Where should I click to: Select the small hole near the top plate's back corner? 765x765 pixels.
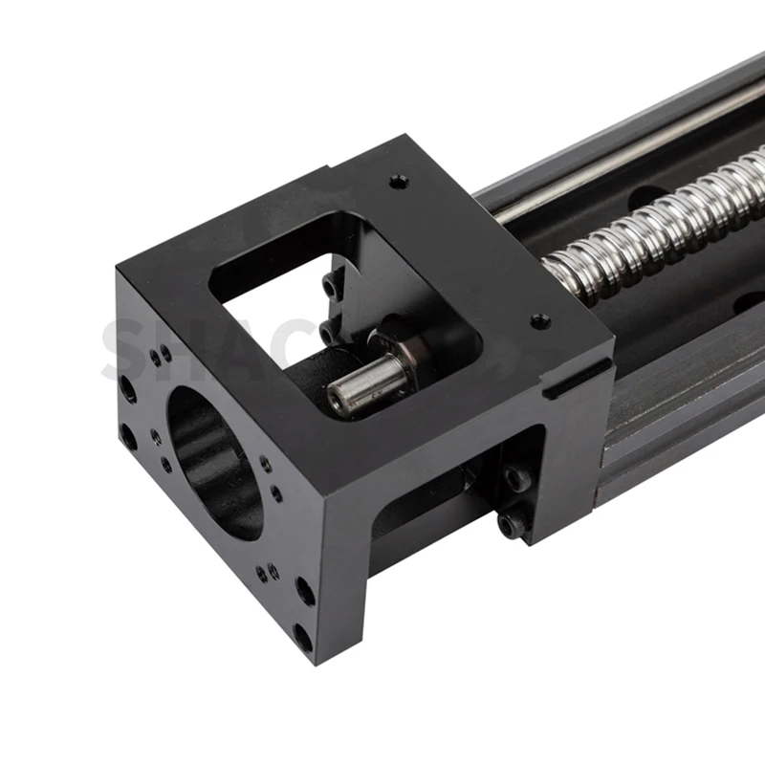tap(397, 180)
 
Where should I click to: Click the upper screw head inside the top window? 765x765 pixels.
tap(332, 284)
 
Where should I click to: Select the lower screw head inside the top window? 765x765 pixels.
tap(328, 330)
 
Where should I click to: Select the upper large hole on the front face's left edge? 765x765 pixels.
tap(127, 388)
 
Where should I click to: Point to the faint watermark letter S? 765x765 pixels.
tap(124, 349)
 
